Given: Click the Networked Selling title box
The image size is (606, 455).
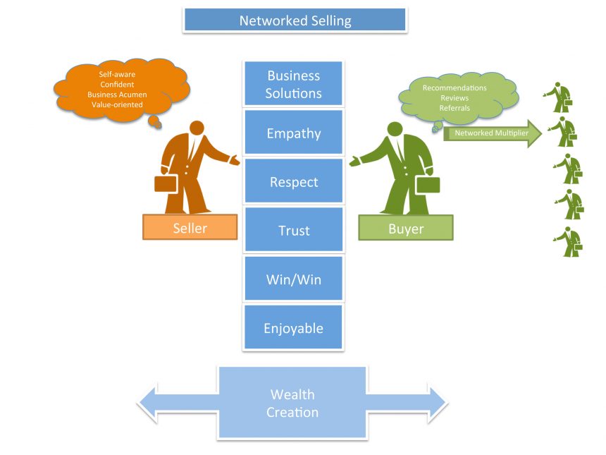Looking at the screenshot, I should pyautogui.click(x=295, y=20).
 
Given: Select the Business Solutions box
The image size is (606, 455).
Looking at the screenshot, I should pyautogui.click(x=293, y=84).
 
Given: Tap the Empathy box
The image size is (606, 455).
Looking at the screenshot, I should pyautogui.click(x=293, y=133).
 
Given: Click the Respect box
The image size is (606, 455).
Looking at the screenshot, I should pyautogui.click(x=293, y=182).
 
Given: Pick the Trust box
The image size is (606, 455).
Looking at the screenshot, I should pyautogui.click(x=293, y=231).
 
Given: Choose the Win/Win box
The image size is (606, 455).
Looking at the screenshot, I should pyautogui.click(x=293, y=279).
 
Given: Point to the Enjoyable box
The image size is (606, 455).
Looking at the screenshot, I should pyautogui.click(x=293, y=328).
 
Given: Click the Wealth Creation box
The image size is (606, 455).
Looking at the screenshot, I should pyautogui.click(x=292, y=403).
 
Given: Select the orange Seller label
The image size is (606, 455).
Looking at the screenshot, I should pyautogui.click(x=190, y=228).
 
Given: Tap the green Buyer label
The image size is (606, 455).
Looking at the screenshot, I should pyautogui.click(x=405, y=228).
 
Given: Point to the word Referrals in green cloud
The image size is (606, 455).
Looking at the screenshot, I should pyautogui.click(x=455, y=108).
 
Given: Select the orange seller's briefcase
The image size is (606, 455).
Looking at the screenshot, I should pyautogui.click(x=166, y=183).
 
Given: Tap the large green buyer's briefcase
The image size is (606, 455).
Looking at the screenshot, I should pyautogui.click(x=428, y=184).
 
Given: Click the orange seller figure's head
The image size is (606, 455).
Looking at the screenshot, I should pyautogui.click(x=197, y=128).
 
